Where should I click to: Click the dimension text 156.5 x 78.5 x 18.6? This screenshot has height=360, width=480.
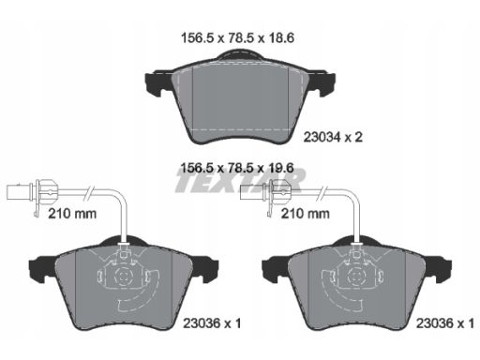(237, 38)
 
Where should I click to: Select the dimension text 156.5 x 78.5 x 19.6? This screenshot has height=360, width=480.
(237, 168)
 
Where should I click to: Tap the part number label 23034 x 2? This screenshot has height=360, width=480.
(333, 137)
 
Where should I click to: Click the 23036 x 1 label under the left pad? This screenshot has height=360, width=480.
(212, 323)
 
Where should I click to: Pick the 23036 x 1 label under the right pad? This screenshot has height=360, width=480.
(445, 323)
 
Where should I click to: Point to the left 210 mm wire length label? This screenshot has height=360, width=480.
(72, 214)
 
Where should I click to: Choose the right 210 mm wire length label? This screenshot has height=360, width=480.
(306, 214)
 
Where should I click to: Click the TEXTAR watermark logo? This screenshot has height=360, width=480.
(240, 181)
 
